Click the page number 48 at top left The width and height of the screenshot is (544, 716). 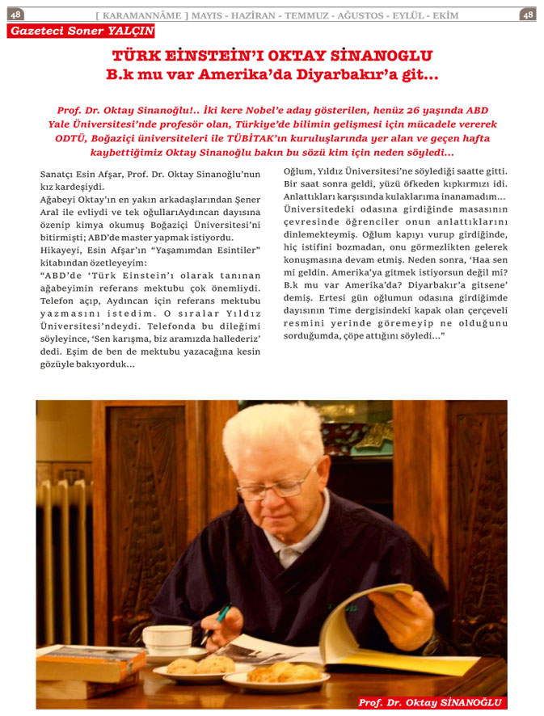pos(16,15)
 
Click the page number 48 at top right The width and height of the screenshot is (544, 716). pos(527,15)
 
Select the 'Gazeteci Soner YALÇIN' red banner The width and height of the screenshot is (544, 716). pos(80,31)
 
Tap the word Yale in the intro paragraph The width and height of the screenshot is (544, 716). pos(61,124)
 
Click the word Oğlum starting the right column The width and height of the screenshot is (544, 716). pos(300,171)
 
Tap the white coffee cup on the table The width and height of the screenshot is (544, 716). pos(167,640)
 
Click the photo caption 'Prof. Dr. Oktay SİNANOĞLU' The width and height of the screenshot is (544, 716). pos(430,702)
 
